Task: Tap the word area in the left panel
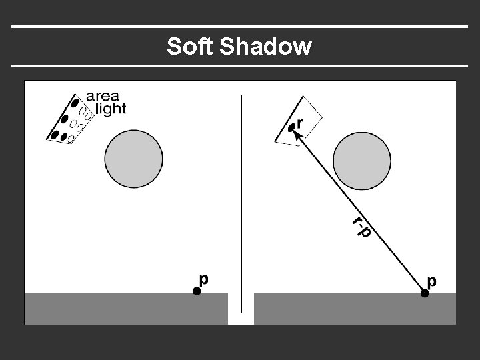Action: pos(103,95)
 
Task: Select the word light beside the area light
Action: pos(110,108)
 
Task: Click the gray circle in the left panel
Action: pos(134,159)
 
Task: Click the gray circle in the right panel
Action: pos(362,161)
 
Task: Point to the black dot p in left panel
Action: pos(196,291)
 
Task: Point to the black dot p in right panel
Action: pos(424,292)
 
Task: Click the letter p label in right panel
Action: pos(432,281)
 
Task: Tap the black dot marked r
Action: pos(291,128)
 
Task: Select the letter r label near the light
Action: pos(300,123)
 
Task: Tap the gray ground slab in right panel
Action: pos(355,308)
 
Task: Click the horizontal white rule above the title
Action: pos(240,27)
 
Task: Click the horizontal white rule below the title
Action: pos(240,66)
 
